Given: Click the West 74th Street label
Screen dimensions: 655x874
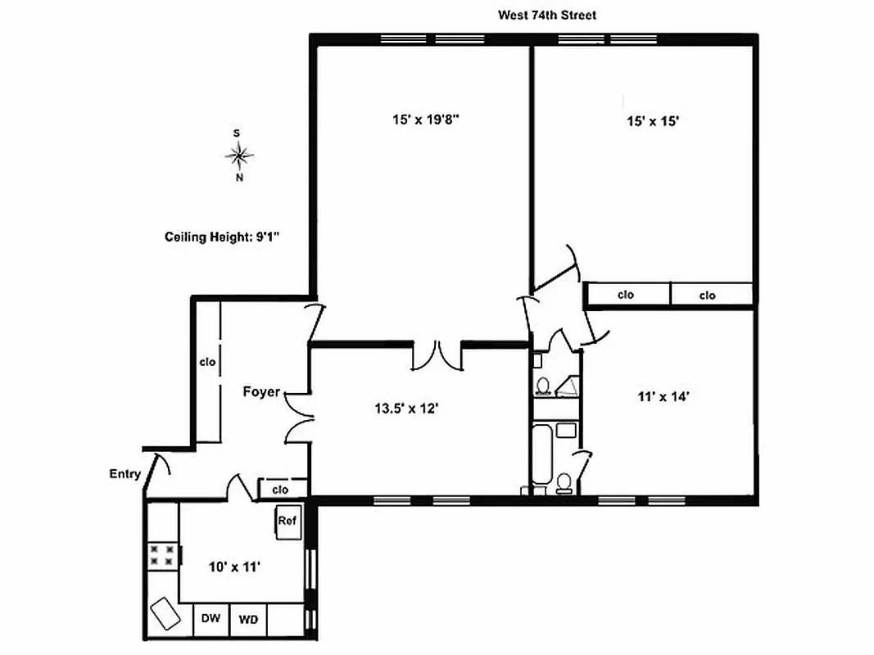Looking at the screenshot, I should click(548, 15).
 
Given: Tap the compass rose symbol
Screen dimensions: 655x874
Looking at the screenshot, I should click(238, 153).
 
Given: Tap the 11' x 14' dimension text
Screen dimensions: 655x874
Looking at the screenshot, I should click(663, 397).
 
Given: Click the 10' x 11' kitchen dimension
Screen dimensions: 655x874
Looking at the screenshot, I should click(233, 566).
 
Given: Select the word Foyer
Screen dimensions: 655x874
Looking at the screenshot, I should click(261, 391).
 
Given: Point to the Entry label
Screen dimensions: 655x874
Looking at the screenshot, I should click(125, 474).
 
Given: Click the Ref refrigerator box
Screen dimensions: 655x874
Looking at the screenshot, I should click(288, 522).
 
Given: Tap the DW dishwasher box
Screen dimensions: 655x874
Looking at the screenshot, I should click(211, 619).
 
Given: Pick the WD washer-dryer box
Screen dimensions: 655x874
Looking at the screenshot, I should click(248, 620).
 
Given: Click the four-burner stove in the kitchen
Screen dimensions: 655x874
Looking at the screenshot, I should click(161, 555).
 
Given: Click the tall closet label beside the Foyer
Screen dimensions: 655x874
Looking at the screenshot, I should click(207, 361).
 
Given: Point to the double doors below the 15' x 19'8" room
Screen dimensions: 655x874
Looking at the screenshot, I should click(437, 354).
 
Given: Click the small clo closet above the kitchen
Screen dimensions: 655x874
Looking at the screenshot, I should click(281, 490).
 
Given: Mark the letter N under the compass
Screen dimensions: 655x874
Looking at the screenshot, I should click(239, 177).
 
